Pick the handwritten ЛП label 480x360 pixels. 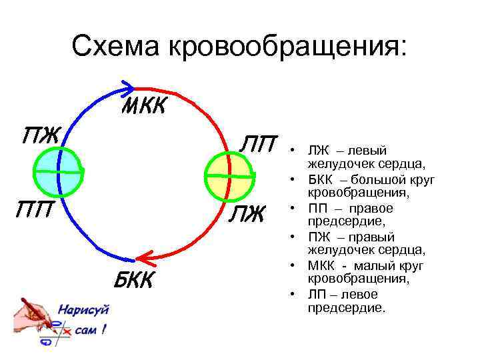coord(259,144)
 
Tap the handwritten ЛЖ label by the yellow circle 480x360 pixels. coord(249,215)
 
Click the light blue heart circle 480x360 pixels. coord(58,172)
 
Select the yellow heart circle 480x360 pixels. coord(229,176)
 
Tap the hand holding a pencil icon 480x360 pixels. coord(33,321)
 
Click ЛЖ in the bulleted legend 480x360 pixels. coord(317,151)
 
